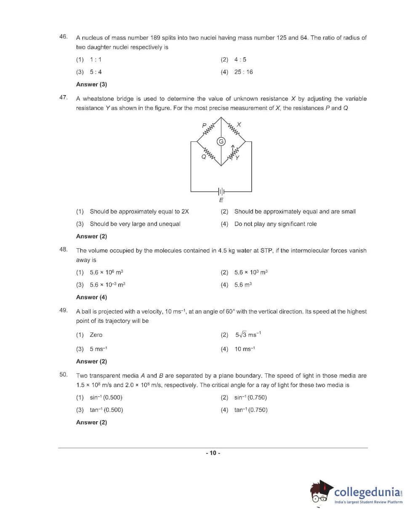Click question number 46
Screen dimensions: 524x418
63,37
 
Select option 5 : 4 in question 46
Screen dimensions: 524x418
96,72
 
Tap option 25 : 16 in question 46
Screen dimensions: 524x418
243,72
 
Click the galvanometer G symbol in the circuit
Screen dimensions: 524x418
221,141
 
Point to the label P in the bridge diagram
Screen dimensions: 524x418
204,125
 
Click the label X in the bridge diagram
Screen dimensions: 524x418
239,125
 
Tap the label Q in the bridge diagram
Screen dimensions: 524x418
204,157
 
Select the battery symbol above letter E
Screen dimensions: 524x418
221,192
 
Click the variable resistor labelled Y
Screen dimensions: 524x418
233,153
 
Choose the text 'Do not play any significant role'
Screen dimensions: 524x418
275,224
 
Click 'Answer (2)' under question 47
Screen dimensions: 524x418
91,236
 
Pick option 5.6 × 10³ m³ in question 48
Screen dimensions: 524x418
251,272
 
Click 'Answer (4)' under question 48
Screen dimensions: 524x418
91,297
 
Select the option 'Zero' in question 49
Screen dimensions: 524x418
96,335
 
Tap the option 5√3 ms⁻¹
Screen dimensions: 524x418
248,335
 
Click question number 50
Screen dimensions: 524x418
63,375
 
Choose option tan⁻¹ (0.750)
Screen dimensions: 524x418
251,410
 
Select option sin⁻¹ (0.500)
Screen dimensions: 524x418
106,397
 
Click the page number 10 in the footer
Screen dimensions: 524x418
213,453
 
